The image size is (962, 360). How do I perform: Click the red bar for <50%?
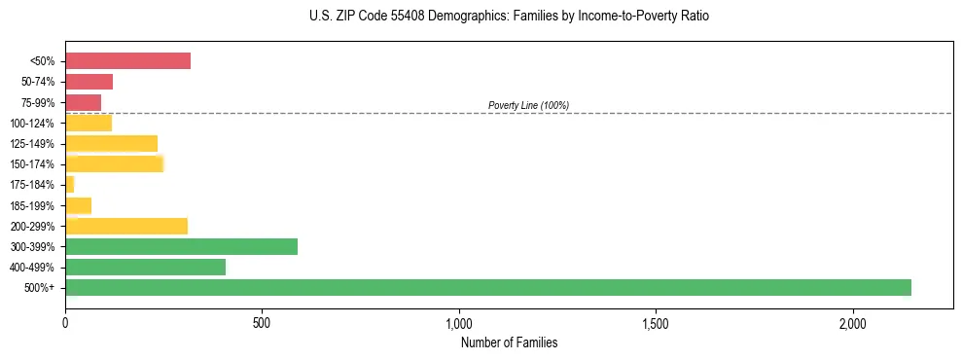coord(127,61)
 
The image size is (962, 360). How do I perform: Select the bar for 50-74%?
coord(89,82)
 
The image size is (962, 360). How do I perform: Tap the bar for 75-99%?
coord(83,102)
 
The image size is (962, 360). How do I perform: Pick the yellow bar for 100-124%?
coord(89,123)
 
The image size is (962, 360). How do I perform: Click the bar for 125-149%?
coord(111,144)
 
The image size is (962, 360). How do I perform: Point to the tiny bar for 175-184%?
coord(69,185)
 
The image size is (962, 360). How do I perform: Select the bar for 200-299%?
coord(126,226)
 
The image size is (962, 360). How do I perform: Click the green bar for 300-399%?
coord(181,246)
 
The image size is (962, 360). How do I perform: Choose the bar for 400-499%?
coord(145,267)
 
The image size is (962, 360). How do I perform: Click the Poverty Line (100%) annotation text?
coord(528,105)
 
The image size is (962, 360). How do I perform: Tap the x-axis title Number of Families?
coord(509,342)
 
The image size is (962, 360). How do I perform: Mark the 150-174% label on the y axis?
coord(32,164)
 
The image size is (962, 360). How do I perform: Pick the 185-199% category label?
coord(32,205)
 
